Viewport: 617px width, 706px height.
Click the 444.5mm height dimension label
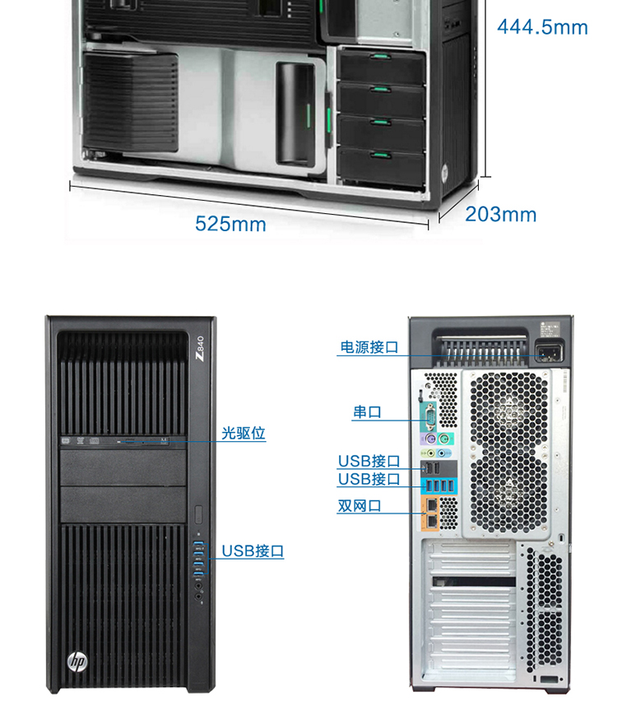click(x=542, y=27)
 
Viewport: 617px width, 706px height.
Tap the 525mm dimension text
click(x=230, y=224)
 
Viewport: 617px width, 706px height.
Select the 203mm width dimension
click(x=500, y=214)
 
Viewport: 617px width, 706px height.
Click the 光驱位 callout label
click(x=244, y=433)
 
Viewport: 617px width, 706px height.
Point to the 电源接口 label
click(x=369, y=347)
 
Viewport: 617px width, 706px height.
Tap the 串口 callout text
click(x=367, y=412)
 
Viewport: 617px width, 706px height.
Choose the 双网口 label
click(x=360, y=505)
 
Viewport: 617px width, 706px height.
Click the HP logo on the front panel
click(x=77, y=662)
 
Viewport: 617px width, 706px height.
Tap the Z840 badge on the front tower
click(x=200, y=348)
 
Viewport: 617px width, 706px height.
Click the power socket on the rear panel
click(x=549, y=351)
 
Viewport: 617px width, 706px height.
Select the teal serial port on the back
click(x=429, y=416)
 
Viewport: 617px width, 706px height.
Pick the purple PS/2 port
click(x=430, y=439)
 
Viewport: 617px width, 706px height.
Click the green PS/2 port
click(x=443, y=438)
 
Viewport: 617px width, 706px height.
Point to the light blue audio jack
click(x=442, y=453)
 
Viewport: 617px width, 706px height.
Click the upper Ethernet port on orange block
click(x=431, y=505)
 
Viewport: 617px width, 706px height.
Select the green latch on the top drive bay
click(x=380, y=56)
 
